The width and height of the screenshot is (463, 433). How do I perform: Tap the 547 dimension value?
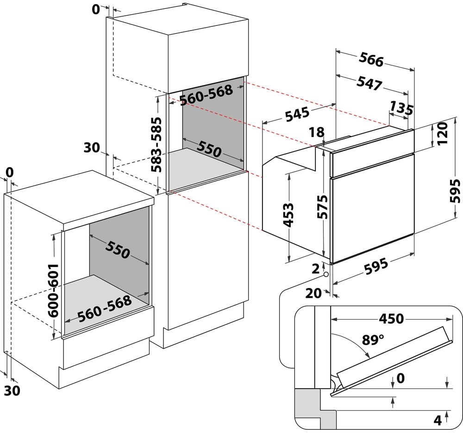[x=369, y=83]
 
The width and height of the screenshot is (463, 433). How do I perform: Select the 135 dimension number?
[x=401, y=108]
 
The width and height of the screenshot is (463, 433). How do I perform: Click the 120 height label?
[x=443, y=133]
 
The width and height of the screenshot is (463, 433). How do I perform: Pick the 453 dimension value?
[x=288, y=215]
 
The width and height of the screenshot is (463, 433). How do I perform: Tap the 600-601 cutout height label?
[x=53, y=291]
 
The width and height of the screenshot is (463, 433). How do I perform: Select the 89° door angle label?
[x=373, y=340]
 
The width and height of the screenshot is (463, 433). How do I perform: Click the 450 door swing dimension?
[x=391, y=319]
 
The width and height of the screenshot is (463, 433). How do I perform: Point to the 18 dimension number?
[x=317, y=132]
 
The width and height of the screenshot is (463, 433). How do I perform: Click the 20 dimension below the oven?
[x=313, y=293]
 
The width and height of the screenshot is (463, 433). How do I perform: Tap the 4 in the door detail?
[x=438, y=420]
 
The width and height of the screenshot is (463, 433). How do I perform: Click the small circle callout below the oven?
[x=326, y=275]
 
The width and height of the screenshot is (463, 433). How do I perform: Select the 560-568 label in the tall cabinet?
[x=206, y=95]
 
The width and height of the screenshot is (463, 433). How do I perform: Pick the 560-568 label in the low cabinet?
[x=105, y=308]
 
